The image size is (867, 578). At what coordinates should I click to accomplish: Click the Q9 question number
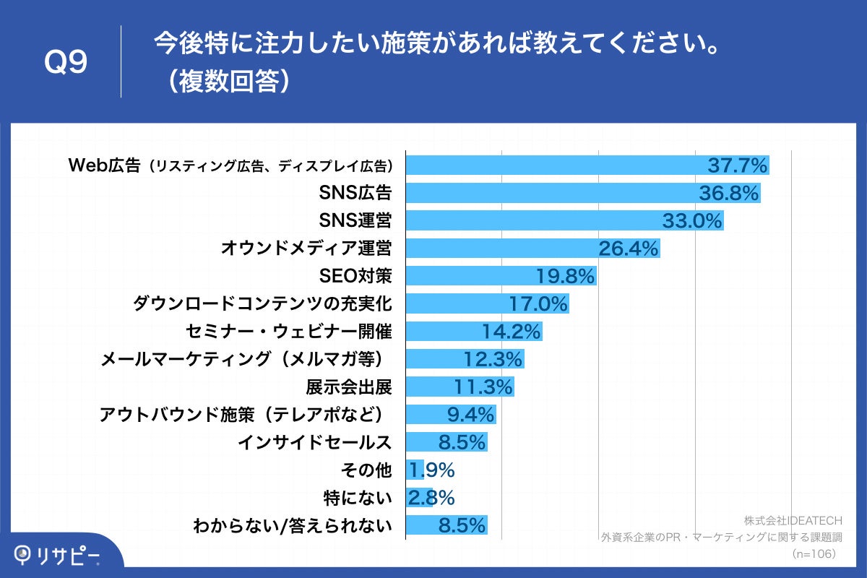click(66, 63)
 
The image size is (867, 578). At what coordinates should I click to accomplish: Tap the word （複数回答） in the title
click(225, 82)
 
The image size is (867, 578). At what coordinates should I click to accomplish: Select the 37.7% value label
click(736, 166)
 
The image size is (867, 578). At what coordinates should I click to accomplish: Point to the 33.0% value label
click(692, 221)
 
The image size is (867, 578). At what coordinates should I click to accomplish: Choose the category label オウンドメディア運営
click(306, 249)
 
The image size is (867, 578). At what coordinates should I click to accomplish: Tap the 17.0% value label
click(538, 303)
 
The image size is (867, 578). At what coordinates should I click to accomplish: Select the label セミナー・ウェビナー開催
click(288, 332)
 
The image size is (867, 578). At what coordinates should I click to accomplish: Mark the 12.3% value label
click(492, 359)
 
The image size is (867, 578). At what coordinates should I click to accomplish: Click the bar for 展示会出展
click(460, 387)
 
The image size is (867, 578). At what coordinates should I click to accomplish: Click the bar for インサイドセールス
click(447, 442)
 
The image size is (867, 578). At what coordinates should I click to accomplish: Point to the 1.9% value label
click(431, 470)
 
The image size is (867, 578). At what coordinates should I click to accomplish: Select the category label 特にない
click(358, 498)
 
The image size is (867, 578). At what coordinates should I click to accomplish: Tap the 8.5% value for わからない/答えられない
click(462, 525)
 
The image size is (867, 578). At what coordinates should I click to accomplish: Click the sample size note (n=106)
click(814, 553)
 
